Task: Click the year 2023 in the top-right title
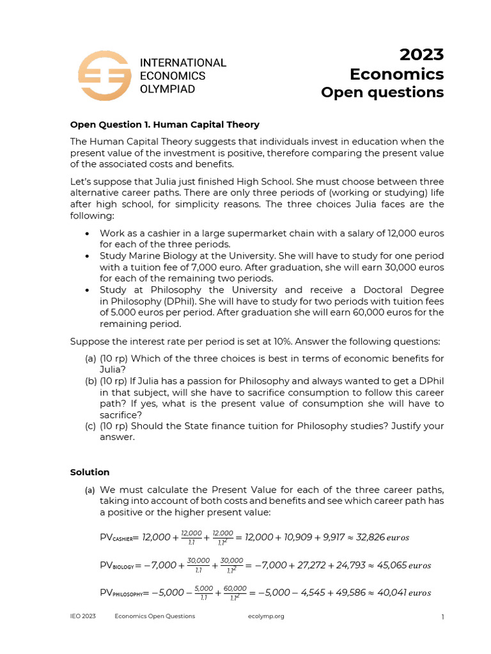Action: pos(421,55)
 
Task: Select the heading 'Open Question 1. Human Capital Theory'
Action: pos(164,125)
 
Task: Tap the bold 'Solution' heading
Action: pos(90,472)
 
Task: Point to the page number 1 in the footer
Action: pos(442,616)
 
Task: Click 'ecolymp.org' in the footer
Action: pos(265,616)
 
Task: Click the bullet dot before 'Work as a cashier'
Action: pos(87,233)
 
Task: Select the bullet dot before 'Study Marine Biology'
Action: pos(87,255)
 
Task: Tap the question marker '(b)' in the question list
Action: pos(91,381)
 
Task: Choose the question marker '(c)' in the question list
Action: pos(91,426)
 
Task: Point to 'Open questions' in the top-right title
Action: pos(382,93)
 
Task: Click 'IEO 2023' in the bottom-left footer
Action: pos(83,616)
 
